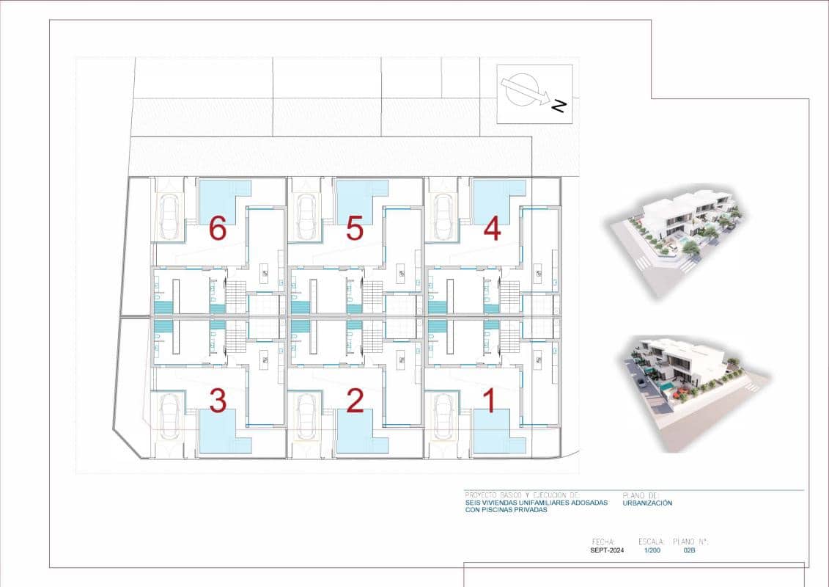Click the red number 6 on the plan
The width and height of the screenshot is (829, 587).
click(217, 229)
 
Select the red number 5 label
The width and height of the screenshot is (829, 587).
click(355, 229)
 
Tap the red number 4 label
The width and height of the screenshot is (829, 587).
click(492, 229)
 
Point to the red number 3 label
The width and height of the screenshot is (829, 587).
click(217, 401)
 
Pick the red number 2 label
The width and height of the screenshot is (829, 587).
click(355, 401)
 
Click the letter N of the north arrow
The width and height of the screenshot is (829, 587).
click(559, 106)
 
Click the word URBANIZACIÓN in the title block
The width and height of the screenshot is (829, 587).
click(647, 503)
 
